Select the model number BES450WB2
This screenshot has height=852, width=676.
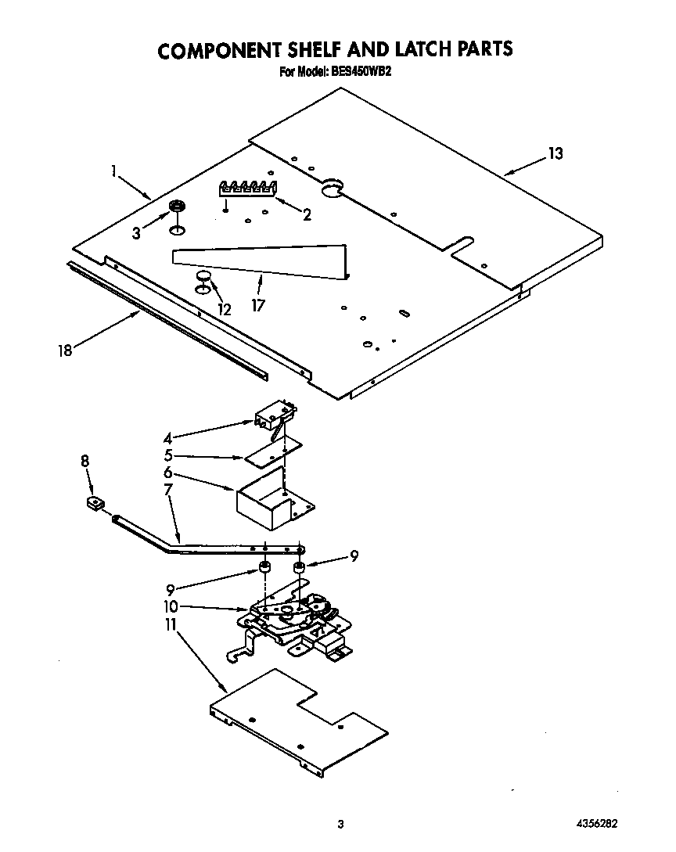pyautogui.click(x=369, y=74)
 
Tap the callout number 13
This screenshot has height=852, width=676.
pyautogui.click(x=554, y=154)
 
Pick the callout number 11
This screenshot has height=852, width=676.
pyautogui.click(x=171, y=625)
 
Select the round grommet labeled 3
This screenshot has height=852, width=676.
pyautogui.click(x=178, y=207)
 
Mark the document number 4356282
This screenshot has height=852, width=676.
pyautogui.click(x=594, y=825)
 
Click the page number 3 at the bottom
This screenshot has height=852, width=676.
pyautogui.click(x=340, y=825)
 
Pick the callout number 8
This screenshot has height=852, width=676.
pyautogui.click(x=84, y=462)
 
